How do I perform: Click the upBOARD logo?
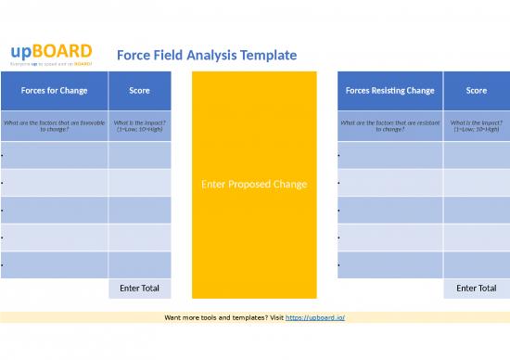point(51,51)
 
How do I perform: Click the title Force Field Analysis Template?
point(207,55)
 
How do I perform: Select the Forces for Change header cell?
point(54,91)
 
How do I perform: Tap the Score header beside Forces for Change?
point(139,91)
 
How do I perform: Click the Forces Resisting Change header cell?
point(389,91)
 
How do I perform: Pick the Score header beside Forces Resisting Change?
point(476,91)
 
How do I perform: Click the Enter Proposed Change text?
point(253,184)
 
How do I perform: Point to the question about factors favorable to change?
point(54,125)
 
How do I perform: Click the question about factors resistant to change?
point(389,125)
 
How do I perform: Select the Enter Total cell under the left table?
point(139,289)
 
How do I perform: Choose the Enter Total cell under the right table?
point(476,289)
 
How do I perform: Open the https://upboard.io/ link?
point(314,317)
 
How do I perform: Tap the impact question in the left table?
point(139,125)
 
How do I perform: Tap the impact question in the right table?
point(476,125)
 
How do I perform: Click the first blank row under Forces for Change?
point(54,155)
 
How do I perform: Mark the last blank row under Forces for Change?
point(54,264)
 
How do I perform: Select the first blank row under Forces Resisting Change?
point(389,155)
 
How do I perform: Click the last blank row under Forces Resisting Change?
point(389,264)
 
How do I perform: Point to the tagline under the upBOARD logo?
point(51,63)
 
